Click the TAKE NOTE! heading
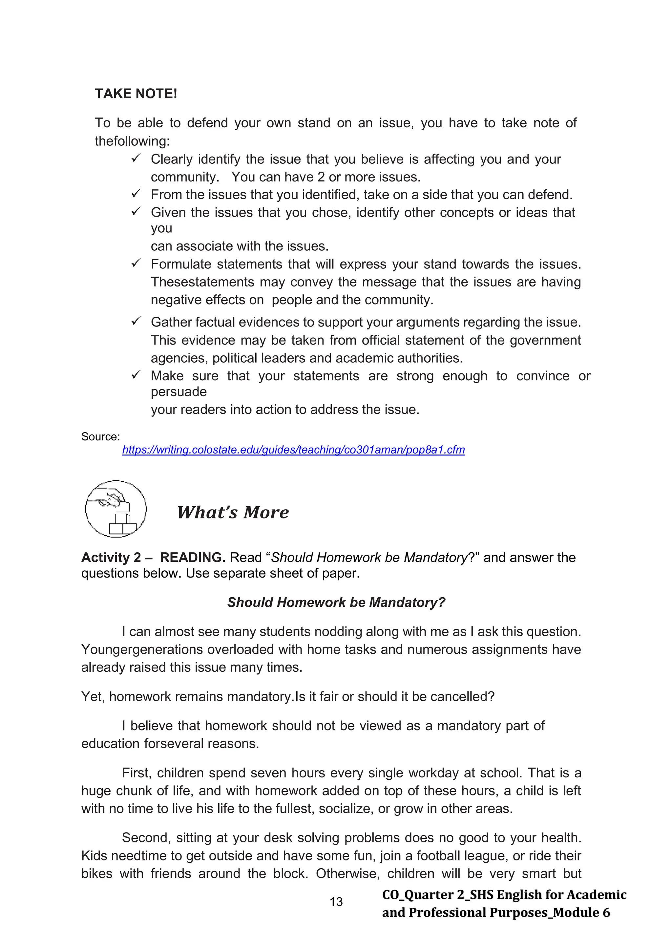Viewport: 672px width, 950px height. tap(136, 94)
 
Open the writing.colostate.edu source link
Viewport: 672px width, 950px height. tap(293, 450)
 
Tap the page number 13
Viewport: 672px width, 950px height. tap(336, 901)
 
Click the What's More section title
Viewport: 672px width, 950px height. tap(233, 512)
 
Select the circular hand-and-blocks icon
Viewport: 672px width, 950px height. tap(116, 509)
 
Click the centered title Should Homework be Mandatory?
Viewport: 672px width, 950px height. tap(336, 602)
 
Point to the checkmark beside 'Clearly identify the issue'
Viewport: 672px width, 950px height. tap(136, 159)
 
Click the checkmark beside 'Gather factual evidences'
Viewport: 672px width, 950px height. tap(136, 322)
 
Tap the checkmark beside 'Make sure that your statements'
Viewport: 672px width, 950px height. tap(136, 375)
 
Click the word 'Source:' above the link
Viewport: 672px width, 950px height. tap(100, 436)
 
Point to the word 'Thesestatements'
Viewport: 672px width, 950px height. tap(203, 282)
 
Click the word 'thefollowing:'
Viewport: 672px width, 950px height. tap(132, 141)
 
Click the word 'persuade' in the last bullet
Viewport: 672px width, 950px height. tap(178, 391)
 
